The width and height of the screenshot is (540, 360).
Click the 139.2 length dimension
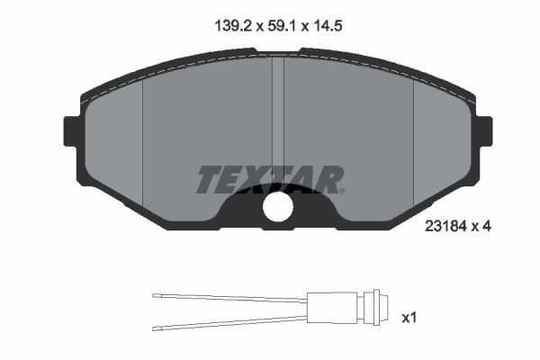coord(234,26)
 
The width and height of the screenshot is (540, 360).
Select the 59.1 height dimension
coord(282,26)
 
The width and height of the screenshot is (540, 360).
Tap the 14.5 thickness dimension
coord(328,26)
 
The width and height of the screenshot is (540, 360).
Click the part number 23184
coord(446,226)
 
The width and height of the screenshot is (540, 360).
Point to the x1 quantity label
coord(409,318)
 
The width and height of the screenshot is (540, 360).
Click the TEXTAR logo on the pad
coord(270,179)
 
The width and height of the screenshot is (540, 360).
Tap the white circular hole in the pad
coord(278,207)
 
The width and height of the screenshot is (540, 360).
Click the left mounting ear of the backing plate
coord(71,131)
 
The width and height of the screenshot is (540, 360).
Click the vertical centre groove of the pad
coord(278,113)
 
